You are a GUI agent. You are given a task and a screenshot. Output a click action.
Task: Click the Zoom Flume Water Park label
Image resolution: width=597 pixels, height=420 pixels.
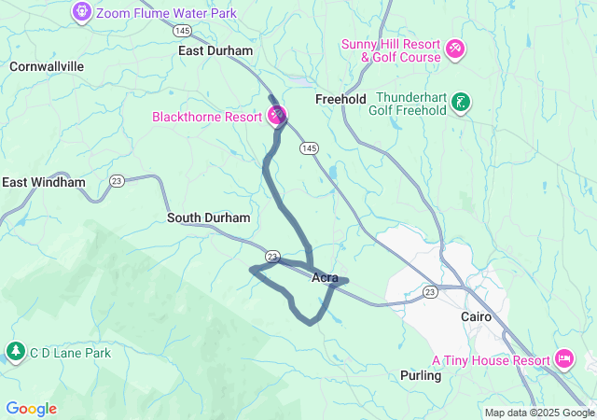[x=166, y=14]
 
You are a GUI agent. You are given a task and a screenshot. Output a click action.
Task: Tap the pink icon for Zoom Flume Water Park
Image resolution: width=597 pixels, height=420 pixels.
[x=81, y=13]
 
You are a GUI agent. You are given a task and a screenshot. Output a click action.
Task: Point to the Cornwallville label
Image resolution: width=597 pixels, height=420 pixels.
[x=47, y=66]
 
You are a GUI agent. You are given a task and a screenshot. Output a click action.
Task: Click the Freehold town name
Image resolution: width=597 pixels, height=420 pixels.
[x=340, y=99]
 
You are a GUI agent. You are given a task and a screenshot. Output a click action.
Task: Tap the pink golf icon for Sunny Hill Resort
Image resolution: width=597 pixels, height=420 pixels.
[x=454, y=48]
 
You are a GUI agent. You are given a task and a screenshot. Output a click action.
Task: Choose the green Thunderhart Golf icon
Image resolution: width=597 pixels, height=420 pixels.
[x=460, y=102]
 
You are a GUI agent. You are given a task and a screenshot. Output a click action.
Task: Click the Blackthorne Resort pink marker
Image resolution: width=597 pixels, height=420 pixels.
[x=277, y=116]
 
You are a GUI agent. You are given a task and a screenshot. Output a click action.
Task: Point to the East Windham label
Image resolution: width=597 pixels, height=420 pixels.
[x=44, y=182]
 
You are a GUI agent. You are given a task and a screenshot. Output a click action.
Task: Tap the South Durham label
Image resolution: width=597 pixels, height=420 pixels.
[x=209, y=217]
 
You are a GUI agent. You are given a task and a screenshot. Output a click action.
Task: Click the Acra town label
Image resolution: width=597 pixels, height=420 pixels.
[x=325, y=277]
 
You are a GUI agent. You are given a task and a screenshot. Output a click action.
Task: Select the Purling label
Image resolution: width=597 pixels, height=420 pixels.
[x=420, y=374]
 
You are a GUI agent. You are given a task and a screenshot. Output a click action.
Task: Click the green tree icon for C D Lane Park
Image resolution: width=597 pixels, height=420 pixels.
[x=16, y=352]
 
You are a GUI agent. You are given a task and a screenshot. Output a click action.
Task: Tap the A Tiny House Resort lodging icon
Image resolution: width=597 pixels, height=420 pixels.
[x=563, y=358]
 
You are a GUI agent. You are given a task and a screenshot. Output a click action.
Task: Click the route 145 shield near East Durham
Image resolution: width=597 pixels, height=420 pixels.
[x=183, y=31]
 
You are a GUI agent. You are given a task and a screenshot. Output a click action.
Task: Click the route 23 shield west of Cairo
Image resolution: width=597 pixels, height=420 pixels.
[x=429, y=292]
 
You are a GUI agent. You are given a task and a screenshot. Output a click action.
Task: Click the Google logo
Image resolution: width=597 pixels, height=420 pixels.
[x=31, y=409]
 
